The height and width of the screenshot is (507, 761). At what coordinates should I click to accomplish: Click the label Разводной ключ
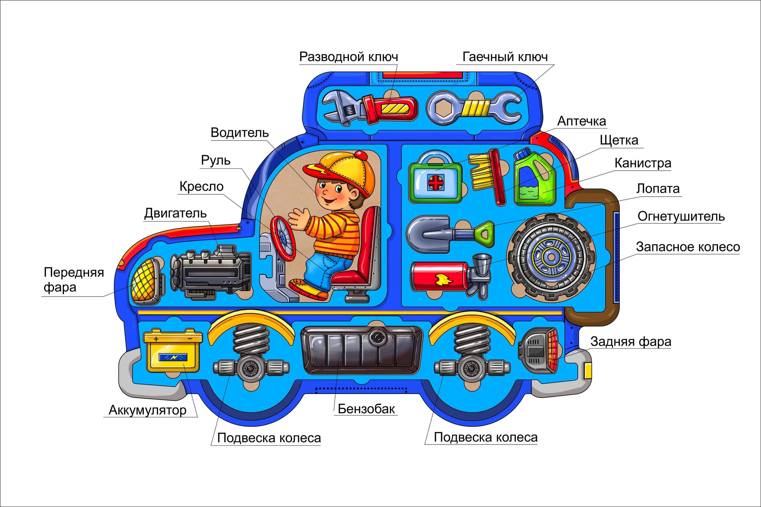tap(349, 57)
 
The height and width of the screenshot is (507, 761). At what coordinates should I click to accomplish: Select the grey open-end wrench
tap(474, 108)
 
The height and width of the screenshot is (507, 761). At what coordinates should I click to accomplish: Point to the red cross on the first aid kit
tap(435, 183)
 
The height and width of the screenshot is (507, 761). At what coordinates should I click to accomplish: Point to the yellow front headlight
tap(146, 281)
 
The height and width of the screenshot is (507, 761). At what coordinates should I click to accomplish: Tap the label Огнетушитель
tap(681, 216)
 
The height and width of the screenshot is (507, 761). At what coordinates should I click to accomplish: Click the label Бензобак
tap(366, 409)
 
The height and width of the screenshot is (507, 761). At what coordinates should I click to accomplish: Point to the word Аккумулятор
tap(148, 410)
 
